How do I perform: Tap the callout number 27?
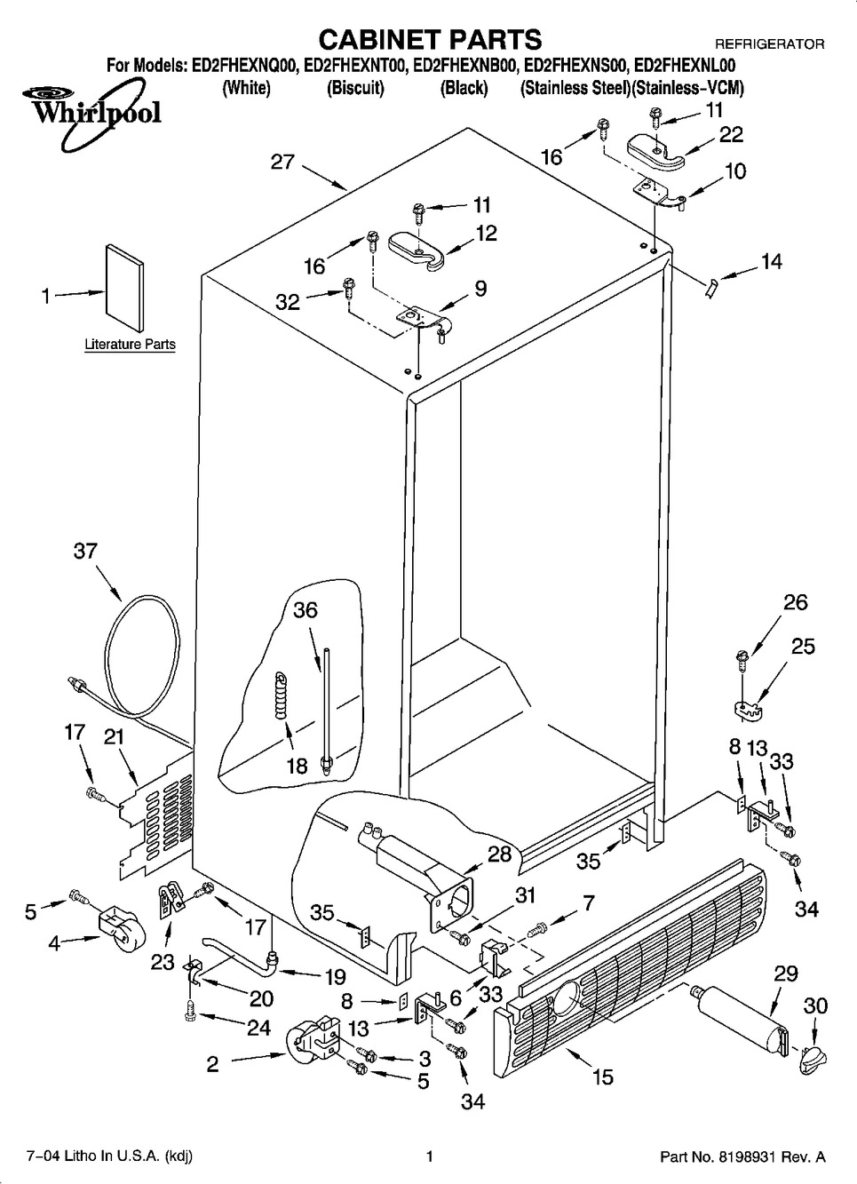(x=282, y=163)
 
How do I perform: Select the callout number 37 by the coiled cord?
(x=85, y=552)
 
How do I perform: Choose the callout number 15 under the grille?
(x=602, y=1077)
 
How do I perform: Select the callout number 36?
(x=306, y=610)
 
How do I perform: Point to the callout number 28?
(x=500, y=854)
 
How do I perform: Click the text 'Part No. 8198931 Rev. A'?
(x=742, y=1156)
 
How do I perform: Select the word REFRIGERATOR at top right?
(x=769, y=44)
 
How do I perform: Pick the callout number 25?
(x=803, y=646)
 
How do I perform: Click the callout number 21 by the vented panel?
(x=114, y=736)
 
